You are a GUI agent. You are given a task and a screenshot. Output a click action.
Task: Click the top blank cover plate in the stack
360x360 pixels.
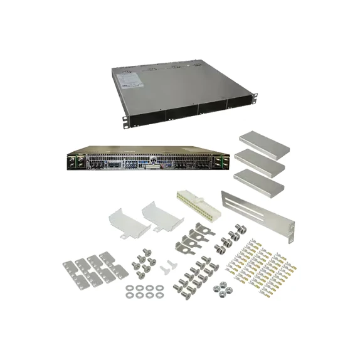pos(263,144)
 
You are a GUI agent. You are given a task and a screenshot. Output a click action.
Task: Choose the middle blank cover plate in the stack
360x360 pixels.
pos(260,162)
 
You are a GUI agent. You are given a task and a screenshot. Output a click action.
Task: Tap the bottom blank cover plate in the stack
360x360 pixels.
pos(258,181)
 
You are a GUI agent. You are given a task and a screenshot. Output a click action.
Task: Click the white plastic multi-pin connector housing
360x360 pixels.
pos(196,204)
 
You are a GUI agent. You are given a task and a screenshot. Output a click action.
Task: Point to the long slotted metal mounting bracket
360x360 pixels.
pos(257,216)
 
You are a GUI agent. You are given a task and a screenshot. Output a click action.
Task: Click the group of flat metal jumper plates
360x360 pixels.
pos(92,268)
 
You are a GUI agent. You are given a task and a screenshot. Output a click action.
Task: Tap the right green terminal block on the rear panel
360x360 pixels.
pos(220,162)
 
